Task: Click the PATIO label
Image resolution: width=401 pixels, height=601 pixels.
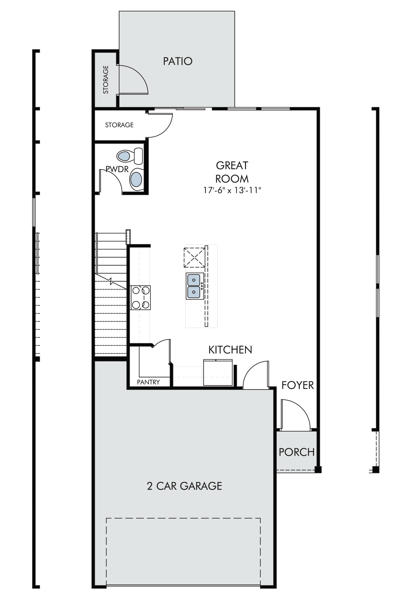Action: pos(178,61)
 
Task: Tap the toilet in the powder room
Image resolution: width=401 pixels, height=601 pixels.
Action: pos(130,156)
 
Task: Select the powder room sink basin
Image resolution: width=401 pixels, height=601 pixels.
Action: pos(136,179)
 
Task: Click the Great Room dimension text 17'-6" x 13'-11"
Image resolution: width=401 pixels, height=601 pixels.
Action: pos(232,190)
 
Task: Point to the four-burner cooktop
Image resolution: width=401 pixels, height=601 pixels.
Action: pos(140,298)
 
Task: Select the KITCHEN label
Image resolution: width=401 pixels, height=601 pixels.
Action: pos(230,350)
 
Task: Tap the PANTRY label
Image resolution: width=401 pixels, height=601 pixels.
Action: pos(148,382)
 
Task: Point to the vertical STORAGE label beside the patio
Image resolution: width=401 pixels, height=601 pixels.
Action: pos(106,80)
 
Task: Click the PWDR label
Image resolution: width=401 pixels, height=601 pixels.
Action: pos(117,169)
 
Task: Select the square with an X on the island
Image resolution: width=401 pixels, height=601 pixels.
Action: pos(194,257)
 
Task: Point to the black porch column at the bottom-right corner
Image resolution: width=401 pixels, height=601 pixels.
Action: pos(318,470)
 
